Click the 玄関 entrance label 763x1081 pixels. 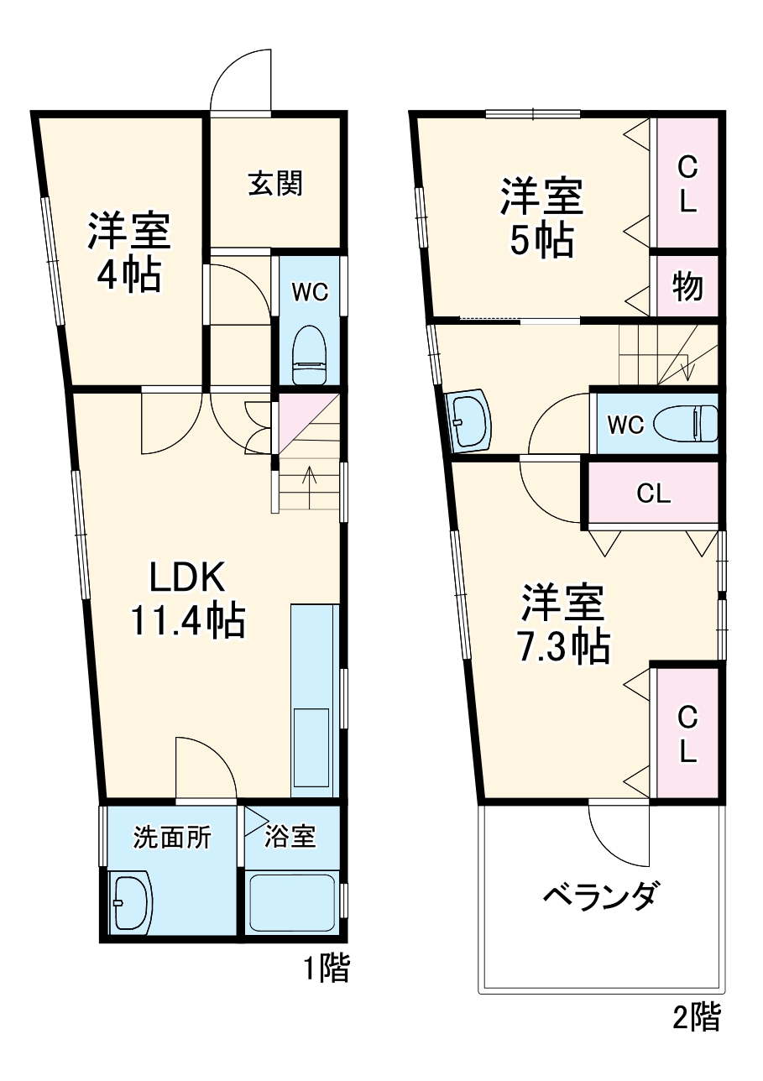coord(274,184)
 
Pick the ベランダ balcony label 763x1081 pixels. coord(598,898)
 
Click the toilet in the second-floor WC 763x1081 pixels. coord(685,424)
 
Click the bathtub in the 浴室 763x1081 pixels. coord(292,902)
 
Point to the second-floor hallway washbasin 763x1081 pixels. coord(469,417)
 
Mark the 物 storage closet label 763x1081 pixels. coord(687,288)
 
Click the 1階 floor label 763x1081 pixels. coord(326,969)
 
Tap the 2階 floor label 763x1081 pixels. coord(697,1017)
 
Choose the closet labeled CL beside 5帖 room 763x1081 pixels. coord(687,184)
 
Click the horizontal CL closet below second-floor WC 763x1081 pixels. coord(653,493)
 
